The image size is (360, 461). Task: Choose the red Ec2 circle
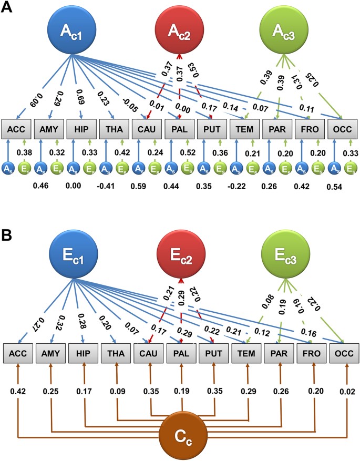tap(180, 259)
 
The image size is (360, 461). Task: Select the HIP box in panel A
tap(81, 129)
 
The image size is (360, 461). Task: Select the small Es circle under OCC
tap(349, 168)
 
